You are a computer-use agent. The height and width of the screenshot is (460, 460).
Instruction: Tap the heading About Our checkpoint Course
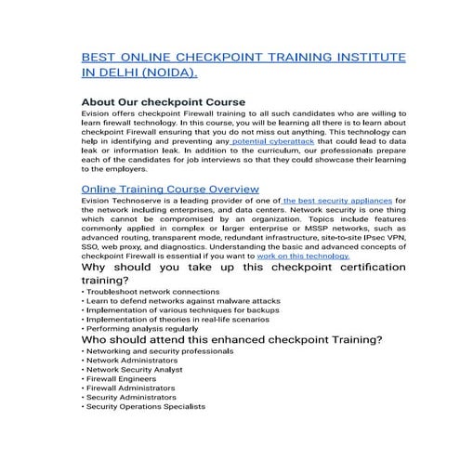164,101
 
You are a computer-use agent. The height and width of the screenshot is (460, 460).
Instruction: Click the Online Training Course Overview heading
171,189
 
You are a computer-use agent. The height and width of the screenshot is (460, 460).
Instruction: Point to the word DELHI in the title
113,72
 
